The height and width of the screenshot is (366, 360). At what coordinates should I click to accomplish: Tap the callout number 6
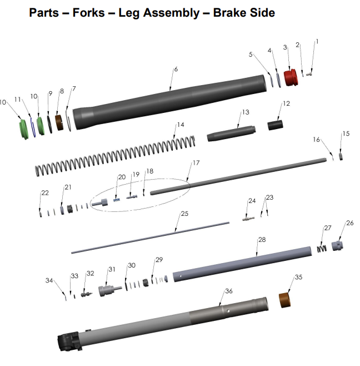[176, 70]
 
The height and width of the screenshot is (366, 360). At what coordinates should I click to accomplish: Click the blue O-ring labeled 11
[33, 127]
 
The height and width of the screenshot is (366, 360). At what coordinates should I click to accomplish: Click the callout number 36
[228, 291]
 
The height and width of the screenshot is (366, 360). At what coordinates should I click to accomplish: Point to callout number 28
[262, 239]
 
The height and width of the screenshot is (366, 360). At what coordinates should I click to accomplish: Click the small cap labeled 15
[341, 157]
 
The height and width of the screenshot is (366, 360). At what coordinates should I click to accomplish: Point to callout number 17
[195, 164]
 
